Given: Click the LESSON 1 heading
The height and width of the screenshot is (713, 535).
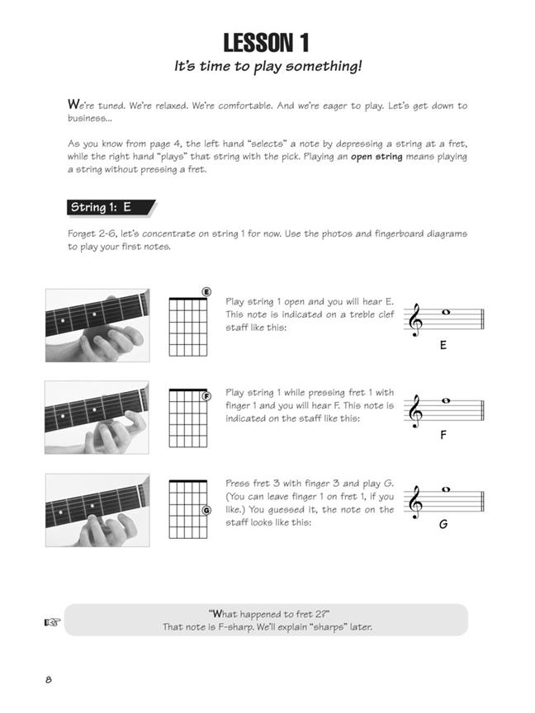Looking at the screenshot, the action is pos(266,43).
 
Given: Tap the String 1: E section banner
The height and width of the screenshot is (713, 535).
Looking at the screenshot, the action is pos(111,207).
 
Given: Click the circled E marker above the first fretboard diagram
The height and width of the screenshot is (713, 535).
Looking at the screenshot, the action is pos(206,292).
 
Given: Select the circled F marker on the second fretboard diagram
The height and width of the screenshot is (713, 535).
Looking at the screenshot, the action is pos(206,396).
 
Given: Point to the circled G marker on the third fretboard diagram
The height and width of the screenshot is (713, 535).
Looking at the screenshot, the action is pos(206,510).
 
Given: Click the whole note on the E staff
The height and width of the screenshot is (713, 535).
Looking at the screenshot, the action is pos(446,313).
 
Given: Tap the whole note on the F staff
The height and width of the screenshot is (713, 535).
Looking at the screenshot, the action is pos(446,400).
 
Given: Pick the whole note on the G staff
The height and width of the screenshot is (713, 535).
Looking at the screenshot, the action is pos(446,489).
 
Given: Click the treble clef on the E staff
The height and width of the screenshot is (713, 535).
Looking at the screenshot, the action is pos(415,320).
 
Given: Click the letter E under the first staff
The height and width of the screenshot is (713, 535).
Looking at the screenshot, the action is pos(443,345).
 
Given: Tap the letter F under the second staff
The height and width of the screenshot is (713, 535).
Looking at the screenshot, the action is pos(443,435).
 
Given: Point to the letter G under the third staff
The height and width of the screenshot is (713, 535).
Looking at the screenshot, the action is pos(443,524).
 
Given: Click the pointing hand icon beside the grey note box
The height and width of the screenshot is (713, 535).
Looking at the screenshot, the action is pos(51,622).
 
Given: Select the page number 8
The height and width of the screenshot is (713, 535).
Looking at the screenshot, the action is pos(49,680).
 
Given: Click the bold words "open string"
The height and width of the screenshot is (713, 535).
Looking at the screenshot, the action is pos(376,157).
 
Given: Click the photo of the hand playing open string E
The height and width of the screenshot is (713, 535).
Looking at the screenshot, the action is pos(97,325).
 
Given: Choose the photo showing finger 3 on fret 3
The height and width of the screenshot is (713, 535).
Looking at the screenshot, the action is pos(97,510).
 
